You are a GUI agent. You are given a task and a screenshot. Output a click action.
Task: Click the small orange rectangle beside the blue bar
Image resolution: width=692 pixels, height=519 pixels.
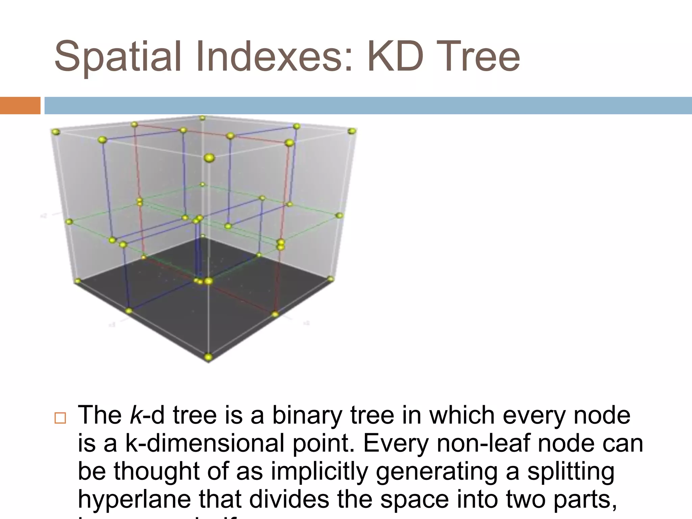[20, 105]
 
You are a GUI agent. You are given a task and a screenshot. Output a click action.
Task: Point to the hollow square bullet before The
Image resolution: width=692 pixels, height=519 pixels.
[60, 418]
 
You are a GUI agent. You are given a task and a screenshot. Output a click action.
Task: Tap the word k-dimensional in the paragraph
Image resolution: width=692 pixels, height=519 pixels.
[205, 443]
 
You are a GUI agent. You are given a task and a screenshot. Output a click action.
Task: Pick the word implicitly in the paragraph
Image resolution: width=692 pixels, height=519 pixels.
[319, 472]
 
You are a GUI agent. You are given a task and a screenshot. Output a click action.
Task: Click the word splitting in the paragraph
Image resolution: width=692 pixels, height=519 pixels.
[571, 472]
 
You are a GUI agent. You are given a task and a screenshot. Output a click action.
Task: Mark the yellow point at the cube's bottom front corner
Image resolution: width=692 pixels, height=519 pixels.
[208, 356]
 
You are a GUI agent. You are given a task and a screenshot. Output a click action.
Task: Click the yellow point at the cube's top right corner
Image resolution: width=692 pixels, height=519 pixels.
[352, 131]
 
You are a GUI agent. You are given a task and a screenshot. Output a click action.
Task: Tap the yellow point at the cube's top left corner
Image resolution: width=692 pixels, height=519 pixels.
[56, 132]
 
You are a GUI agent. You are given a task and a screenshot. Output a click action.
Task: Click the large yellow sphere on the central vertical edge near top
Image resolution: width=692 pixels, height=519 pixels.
[209, 158]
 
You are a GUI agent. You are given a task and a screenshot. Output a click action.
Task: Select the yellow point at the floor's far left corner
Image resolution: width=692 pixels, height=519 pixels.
[78, 281]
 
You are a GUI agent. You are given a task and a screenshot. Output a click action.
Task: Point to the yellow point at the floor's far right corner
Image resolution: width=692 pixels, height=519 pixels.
[331, 279]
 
